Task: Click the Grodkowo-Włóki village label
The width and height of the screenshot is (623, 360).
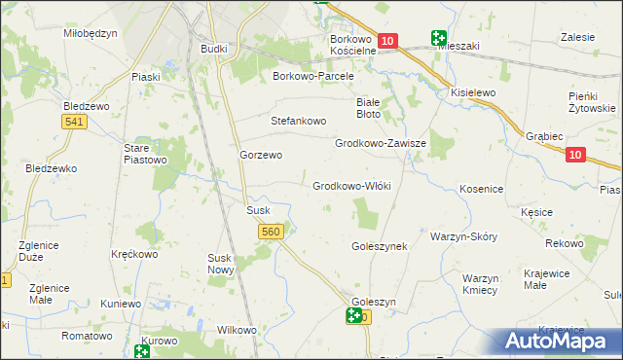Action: (x=351, y=186)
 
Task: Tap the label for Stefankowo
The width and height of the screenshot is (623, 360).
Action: (x=298, y=122)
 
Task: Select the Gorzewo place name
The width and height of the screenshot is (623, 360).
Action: (x=261, y=155)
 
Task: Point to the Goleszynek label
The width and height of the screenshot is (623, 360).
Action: (x=379, y=247)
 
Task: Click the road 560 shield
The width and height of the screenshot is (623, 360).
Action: (x=272, y=232)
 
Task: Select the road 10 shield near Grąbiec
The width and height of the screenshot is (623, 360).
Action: (x=574, y=155)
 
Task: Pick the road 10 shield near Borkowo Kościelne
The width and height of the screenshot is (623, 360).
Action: (x=387, y=41)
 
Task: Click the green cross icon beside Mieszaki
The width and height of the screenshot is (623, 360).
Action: (x=439, y=39)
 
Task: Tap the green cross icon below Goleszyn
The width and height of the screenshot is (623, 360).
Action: (x=354, y=315)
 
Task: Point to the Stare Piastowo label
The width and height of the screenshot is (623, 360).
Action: (x=146, y=154)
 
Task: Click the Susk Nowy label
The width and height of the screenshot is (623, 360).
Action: (x=220, y=264)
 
